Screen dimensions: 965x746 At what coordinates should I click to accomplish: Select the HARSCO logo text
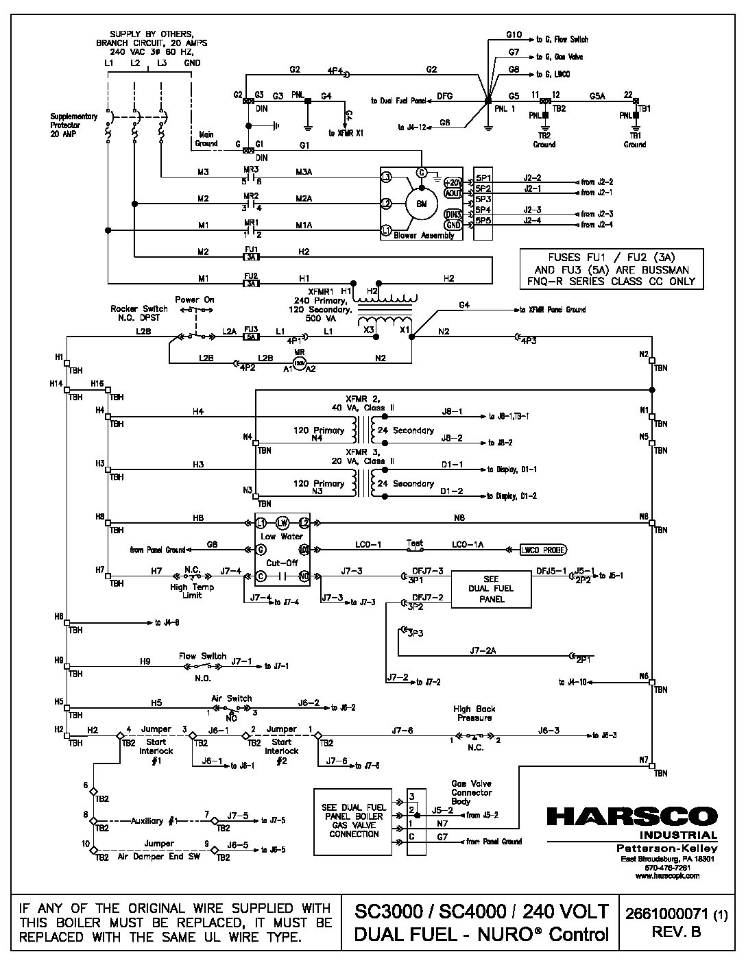click(631, 817)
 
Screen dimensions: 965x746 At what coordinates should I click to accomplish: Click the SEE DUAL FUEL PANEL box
click(491, 589)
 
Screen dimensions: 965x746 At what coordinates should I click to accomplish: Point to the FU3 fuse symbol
click(251, 337)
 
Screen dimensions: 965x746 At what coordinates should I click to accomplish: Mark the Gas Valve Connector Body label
click(471, 792)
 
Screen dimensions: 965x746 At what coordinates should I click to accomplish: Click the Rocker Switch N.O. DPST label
click(139, 313)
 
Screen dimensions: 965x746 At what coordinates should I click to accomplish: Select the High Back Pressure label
click(474, 713)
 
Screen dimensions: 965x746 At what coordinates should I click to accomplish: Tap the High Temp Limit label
click(193, 591)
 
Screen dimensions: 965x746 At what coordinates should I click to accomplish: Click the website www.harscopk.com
click(667, 875)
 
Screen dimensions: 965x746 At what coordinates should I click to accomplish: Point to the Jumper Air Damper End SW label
click(158, 851)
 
